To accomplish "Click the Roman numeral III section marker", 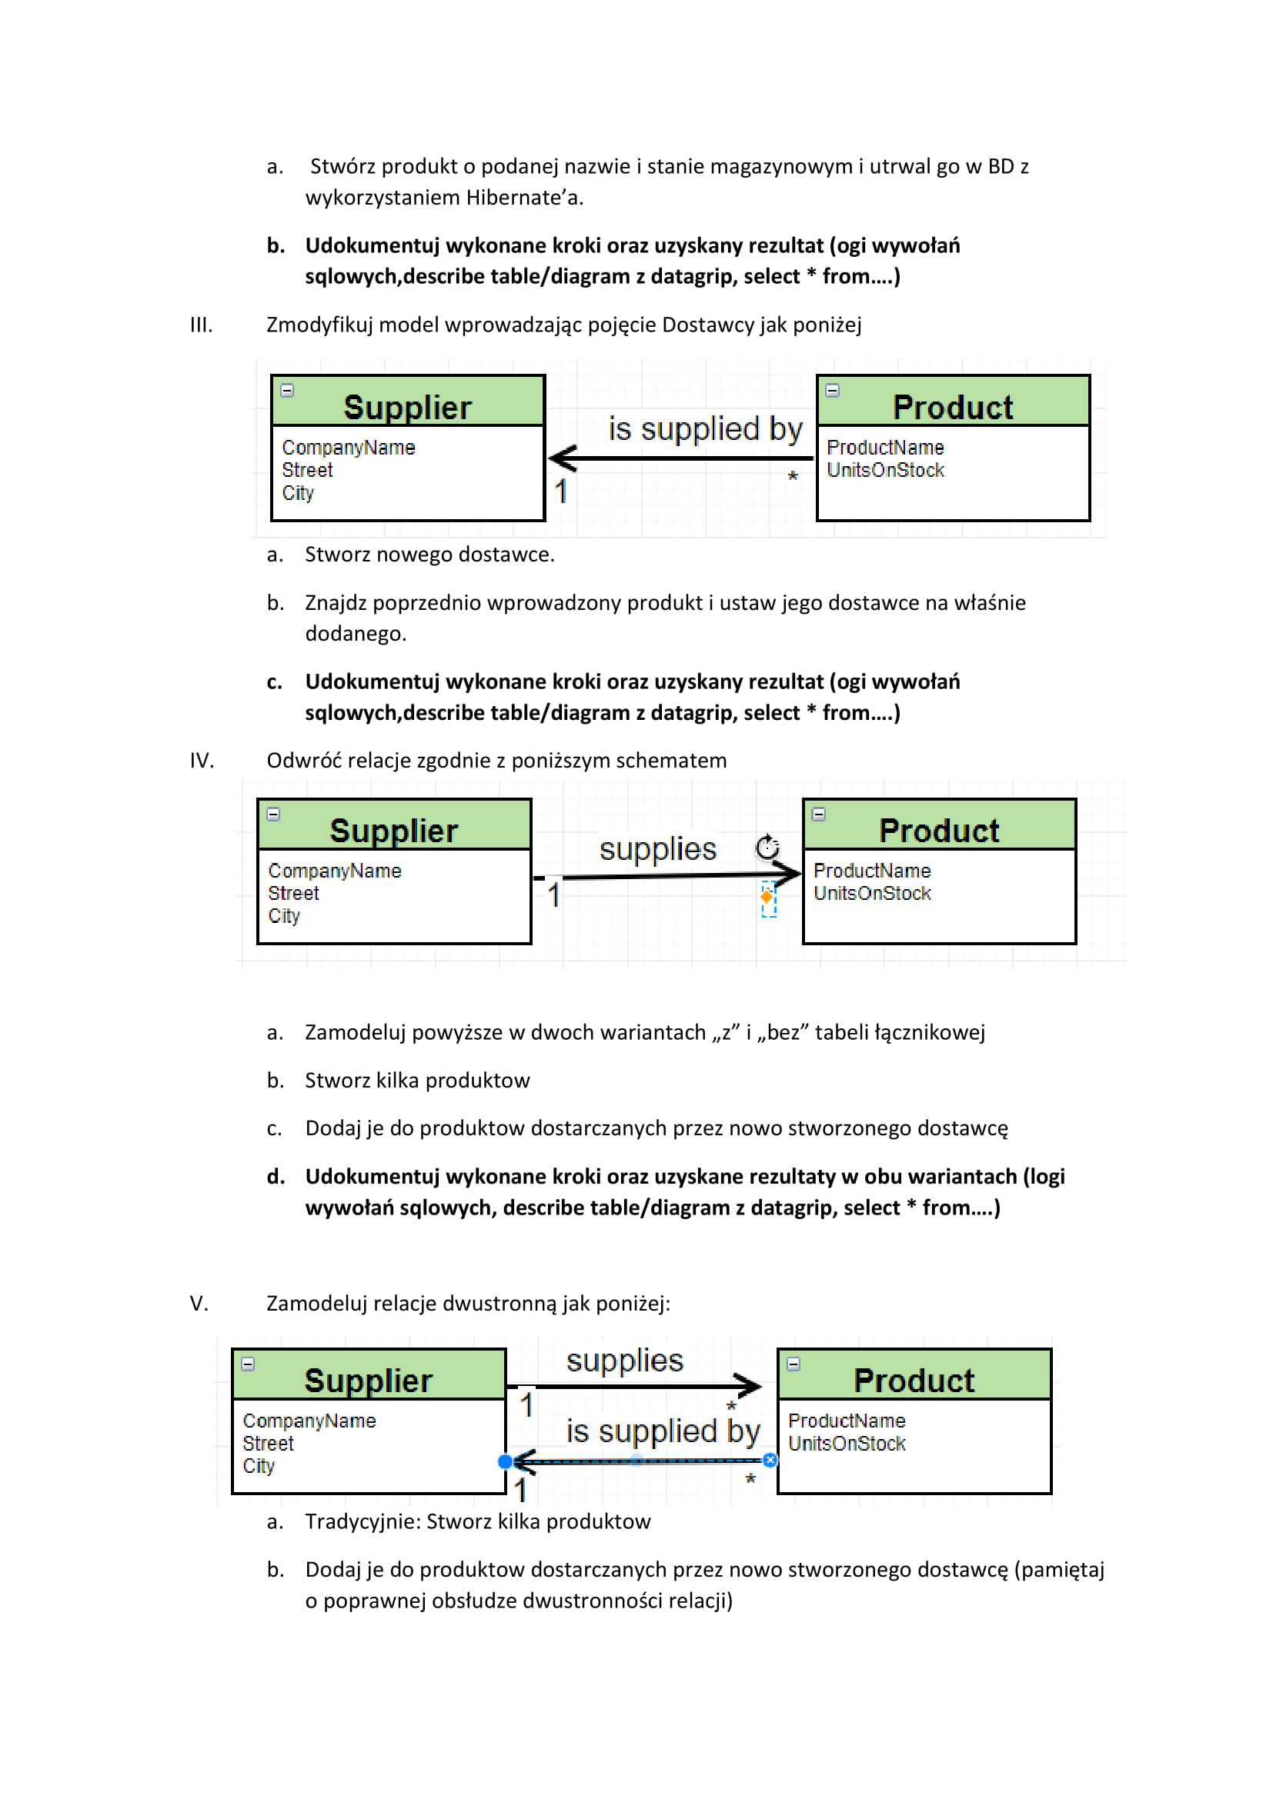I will click(201, 325).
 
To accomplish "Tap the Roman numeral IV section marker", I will click(202, 761).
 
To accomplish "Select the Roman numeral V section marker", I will click(199, 1304).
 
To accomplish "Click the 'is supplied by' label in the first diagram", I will click(706, 429).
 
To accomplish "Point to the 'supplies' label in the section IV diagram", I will click(657, 849).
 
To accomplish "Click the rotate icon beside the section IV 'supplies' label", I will click(767, 847).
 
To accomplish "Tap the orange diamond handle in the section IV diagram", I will click(767, 895).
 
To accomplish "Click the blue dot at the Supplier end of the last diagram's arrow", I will click(506, 1461).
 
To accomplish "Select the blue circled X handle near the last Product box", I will click(770, 1461).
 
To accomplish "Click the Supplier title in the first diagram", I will click(408, 408).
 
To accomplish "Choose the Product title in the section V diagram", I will click(914, 1381).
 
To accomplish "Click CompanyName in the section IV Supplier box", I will click(335, 871).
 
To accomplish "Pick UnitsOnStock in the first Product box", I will click(886, 470).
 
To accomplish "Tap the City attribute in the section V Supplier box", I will click(259, 1466).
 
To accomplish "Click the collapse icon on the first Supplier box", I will click(288, 390).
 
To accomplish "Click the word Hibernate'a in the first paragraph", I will click(524, 198).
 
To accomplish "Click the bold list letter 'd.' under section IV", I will click(275, 1177).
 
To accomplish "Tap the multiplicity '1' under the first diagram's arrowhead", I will click(560, 491).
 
